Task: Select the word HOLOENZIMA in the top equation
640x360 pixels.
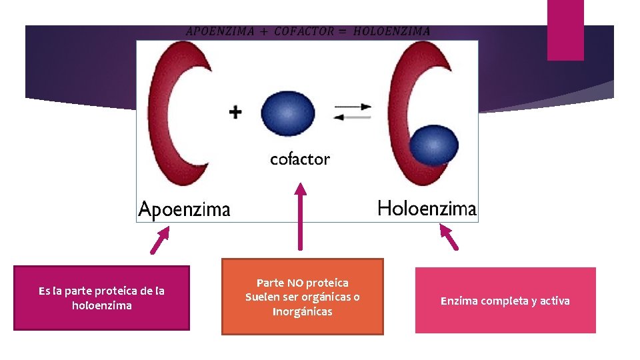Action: click(391, 31)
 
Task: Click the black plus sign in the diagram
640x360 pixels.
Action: click(235, 112)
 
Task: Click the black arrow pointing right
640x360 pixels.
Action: click(353, 106)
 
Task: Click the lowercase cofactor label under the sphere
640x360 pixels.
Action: click(300, 159)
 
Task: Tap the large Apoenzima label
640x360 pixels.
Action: click(184, 210)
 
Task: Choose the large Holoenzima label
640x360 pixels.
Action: click(427, 209)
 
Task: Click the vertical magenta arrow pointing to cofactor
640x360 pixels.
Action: click(300, 217)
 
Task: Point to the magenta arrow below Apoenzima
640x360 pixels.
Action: click(160, 241)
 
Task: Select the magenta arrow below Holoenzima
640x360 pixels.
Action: click(448, 237)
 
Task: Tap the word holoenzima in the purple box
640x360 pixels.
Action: click(101, 305)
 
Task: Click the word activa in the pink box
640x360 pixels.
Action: click(555, 301)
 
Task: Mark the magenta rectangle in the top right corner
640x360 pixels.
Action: click(565, 29)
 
